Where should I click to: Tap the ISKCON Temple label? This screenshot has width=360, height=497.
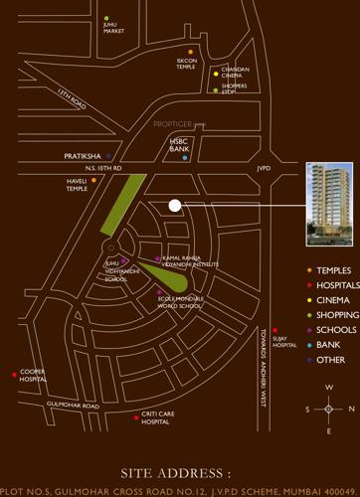(x=187, y=63)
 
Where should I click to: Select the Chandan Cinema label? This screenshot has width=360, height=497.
(x=235, y=72)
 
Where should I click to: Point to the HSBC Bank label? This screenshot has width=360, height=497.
(x=179, y=145)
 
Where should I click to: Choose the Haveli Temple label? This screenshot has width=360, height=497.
(x=78, y=185)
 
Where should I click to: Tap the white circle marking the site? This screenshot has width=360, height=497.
(x=175, y=205)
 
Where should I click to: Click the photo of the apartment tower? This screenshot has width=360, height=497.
(x=329, y=205)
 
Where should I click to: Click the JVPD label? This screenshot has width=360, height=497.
(x=264, y=168)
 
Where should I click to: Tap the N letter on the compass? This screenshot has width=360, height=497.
(x=350, y=408)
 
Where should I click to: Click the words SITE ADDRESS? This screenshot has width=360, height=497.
(x=175, y=474)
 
